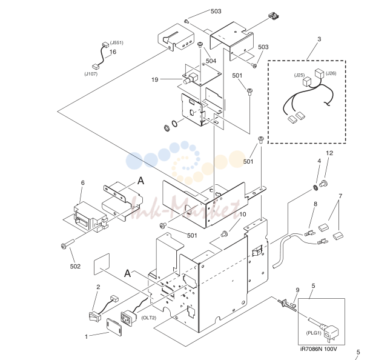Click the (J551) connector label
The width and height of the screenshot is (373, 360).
(116, 43)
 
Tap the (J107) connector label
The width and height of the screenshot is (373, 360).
(91, 74)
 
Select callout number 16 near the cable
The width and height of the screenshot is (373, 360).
(113, 52)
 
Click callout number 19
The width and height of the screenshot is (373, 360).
(155, 79)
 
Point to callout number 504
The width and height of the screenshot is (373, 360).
(211, 61)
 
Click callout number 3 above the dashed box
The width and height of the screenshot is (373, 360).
(319, 39)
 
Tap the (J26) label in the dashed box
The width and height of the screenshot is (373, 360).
(331, 73)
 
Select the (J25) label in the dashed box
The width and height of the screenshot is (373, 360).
(299, 75)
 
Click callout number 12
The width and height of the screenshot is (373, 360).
(329, 153)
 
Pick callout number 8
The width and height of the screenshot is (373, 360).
(315, 204)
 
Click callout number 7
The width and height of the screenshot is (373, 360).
(340, 196)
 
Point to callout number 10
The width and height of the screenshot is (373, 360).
(242, 215)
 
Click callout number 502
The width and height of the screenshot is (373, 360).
(75, 266)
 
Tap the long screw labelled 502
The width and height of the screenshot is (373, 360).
(68, 244)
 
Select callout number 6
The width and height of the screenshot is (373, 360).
(82, 182)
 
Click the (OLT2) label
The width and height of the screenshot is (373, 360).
(149, 318)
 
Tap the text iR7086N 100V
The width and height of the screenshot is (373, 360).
(319, 349)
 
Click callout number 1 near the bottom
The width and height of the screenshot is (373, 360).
(87, 337)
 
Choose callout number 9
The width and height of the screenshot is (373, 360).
(297, 290)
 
